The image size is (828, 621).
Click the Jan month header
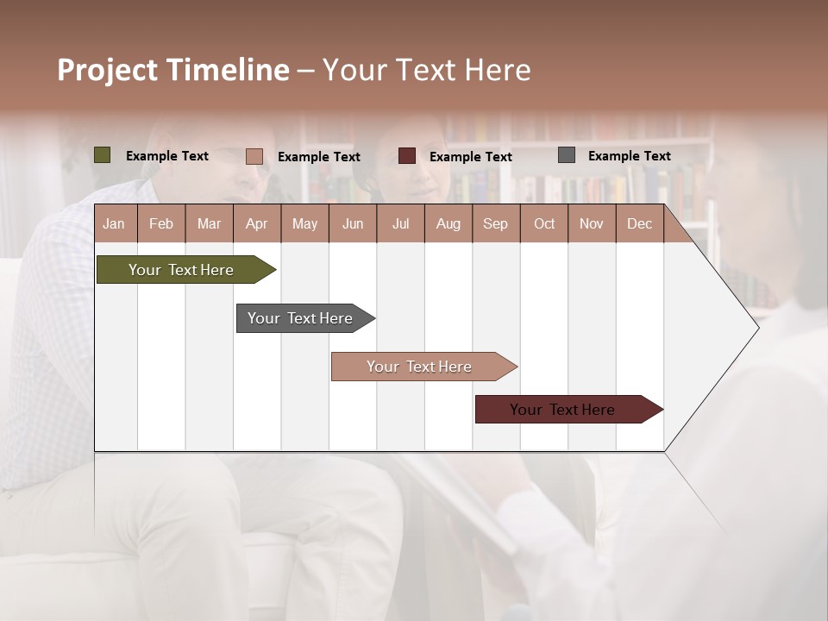click(115, 223)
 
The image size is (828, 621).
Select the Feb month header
click(161, 223)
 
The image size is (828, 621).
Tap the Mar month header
click(209, 223)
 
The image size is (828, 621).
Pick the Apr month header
click(256, 223)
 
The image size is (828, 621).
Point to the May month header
click(304, 223)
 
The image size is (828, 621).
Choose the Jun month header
click(353, 223)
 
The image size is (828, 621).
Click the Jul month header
click(400, 223)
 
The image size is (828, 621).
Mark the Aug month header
click(448, 223)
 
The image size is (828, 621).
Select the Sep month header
click(495, 223)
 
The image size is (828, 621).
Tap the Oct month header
click(543, 223)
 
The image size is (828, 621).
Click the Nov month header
click(591, 223)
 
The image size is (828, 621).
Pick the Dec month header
click(639, 223)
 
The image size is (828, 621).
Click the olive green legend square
click(103, 155)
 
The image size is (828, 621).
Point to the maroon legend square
click(407, 156)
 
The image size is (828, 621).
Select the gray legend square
click(567, 155)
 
